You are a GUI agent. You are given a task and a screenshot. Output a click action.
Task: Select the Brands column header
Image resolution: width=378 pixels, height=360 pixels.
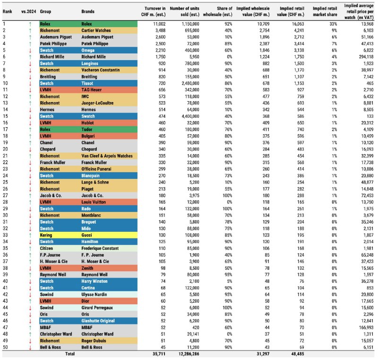(x=88, y=10)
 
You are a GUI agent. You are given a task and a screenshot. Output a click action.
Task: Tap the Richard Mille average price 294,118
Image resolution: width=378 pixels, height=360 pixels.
(x=364, y=56)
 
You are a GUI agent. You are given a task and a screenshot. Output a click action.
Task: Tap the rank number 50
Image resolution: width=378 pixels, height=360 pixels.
(x=6, y=347)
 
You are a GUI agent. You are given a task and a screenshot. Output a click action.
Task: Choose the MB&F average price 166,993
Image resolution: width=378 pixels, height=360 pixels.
(x=364, y=327)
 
